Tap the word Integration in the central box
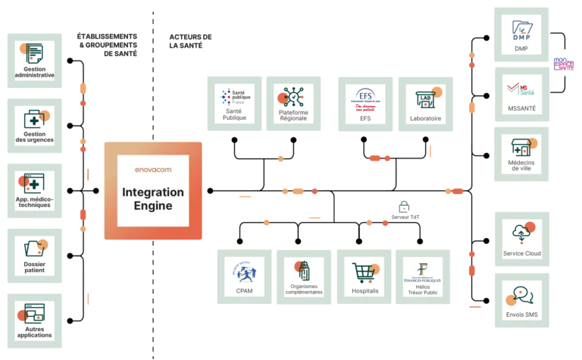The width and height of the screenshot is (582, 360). coord(154,193)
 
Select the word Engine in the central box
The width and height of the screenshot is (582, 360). coord(154,206)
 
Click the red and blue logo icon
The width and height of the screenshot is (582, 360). coord(365,103)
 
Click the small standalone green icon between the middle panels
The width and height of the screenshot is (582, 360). coord(402,208)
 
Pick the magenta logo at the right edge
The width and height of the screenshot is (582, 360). coord(564,65)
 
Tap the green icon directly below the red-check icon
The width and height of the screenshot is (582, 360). coord(521,150)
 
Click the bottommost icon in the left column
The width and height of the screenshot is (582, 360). coord(34,318)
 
